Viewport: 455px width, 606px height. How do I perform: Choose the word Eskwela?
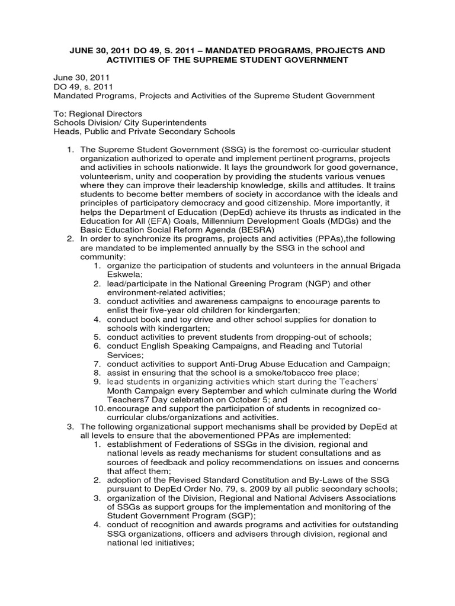coord(123,274)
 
